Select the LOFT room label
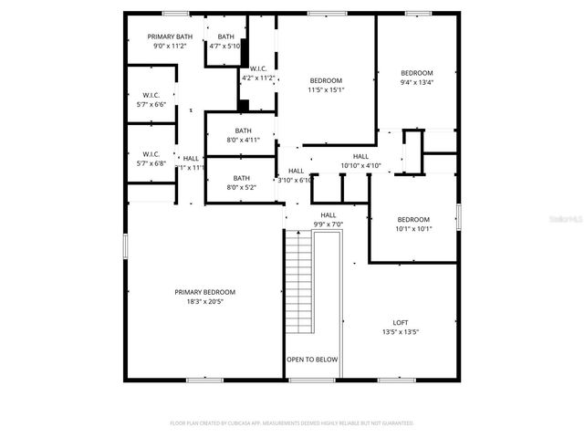coord(400,322)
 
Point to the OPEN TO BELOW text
coord(312,360)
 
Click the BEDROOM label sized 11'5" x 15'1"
coord(325,80)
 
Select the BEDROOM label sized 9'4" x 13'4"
coord(417,73)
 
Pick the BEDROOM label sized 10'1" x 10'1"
coord(412,219)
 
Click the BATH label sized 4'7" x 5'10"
coord(224,36)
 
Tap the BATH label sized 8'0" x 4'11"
coord(242,131)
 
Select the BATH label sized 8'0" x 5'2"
coord(242,178)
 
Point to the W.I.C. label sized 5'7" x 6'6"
coord(151,95)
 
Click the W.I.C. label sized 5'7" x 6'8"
coord(151,154)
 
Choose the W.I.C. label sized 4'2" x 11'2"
coord(257,68)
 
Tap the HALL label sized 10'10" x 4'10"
coord(360,156)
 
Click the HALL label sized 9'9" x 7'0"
coord(328,214)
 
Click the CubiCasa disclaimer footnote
coord(292,423)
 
